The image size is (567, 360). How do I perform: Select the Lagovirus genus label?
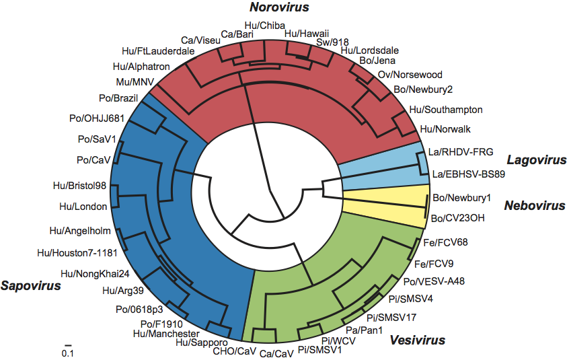pos(536,160)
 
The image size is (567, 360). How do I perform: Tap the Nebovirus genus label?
pos(535,205)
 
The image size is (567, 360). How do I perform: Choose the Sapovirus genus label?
pos(30,285)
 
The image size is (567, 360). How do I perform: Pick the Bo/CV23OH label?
pos(457,218)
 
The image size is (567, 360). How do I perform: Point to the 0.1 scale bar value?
pos(67,353)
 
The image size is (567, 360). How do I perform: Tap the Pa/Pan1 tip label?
pos(364,330)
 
